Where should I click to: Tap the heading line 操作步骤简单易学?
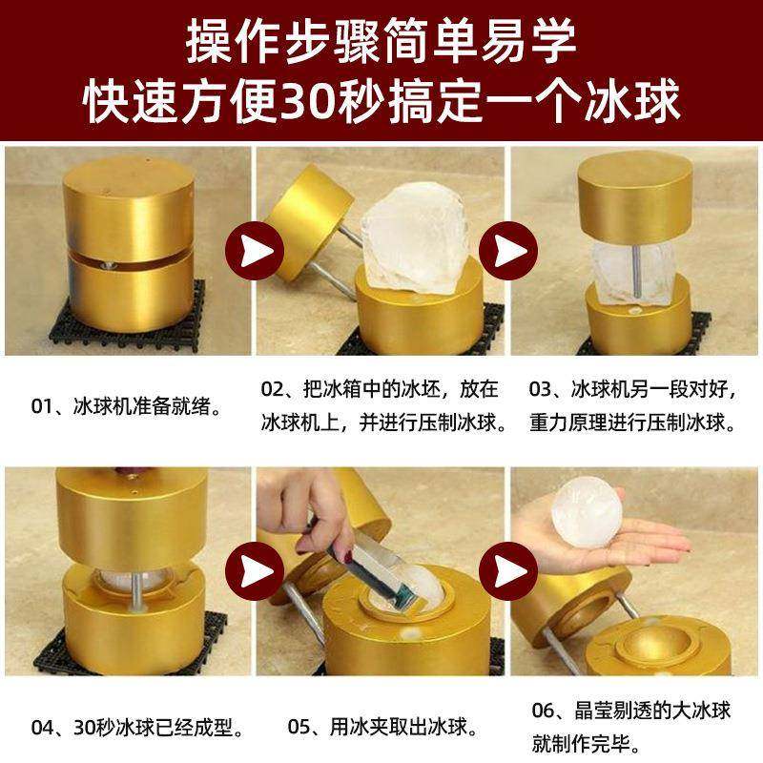click(381, 40)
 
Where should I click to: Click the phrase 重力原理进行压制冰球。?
click(632, 422)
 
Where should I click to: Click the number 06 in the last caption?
click(544, 711)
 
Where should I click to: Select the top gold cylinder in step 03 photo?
click(634, 200)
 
